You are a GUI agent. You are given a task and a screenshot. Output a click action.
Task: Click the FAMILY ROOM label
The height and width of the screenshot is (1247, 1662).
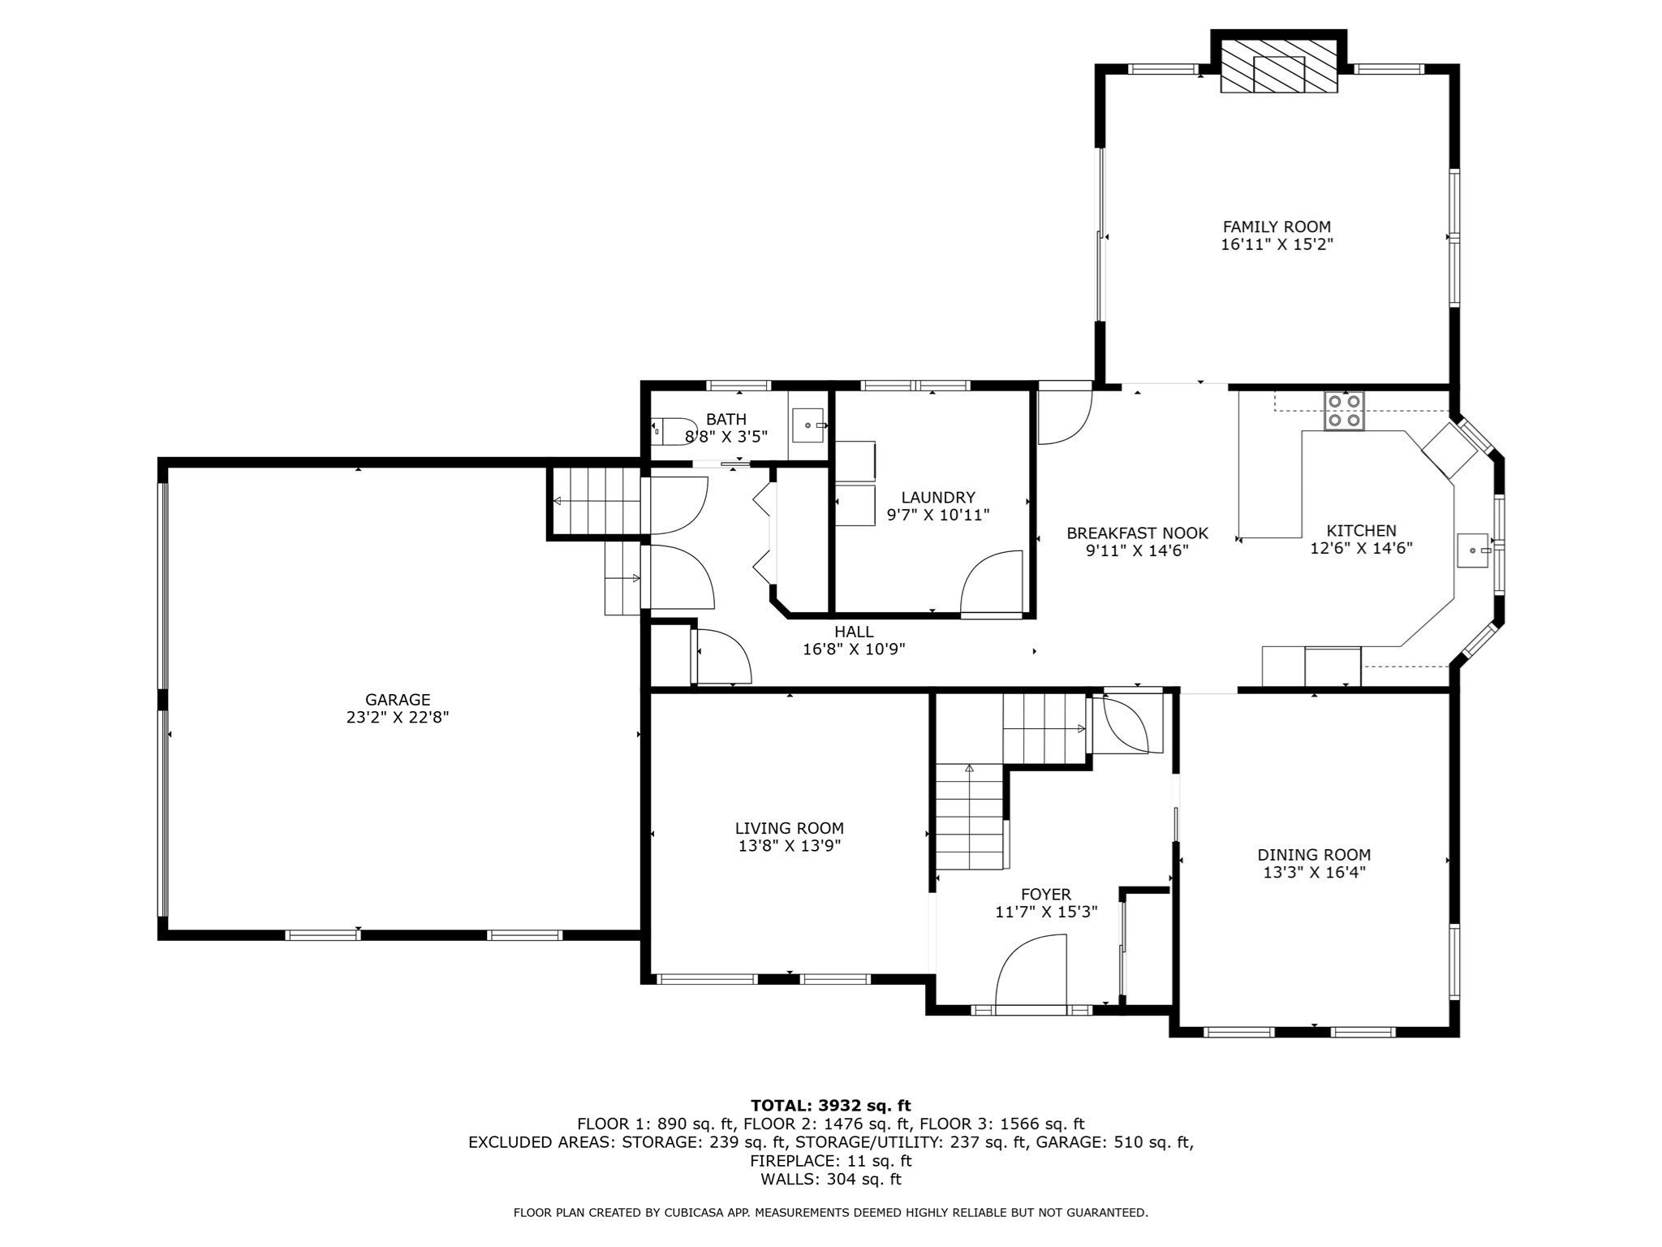coord(1277,227)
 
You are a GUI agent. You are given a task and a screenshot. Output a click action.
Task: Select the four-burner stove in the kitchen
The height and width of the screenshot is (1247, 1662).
coord(1345,411)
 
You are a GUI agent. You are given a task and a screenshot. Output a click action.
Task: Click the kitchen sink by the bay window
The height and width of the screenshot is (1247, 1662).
coord(1474,550)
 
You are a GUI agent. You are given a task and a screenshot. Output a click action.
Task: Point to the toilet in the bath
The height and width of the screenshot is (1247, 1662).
coord(674,431)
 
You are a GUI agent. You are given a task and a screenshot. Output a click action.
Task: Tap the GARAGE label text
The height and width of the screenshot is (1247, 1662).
coord(398,700)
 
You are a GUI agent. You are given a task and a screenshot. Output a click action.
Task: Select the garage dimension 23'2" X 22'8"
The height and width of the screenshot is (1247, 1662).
coord(398,718)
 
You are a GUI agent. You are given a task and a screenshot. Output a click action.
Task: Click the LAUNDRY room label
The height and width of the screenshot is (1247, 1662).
coord(938,498)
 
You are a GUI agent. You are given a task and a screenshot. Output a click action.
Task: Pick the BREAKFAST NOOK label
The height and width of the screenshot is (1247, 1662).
coord(1137,533)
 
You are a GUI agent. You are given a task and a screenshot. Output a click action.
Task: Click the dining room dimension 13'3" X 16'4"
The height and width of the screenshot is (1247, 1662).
coord(1314,873)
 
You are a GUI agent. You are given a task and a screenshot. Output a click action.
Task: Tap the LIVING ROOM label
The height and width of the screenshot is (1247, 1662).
coord(790,829)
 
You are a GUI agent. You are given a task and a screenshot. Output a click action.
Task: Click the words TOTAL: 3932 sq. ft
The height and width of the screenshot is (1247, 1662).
coord(831,1106)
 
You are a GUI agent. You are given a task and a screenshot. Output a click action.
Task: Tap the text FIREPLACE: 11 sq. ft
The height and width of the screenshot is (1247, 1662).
coord(831,1161)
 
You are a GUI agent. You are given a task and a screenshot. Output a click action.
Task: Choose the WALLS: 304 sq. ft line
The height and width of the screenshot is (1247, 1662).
coord(831,1180)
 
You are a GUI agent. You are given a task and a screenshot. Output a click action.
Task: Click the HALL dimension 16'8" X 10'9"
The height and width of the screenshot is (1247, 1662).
coord(854,649)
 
